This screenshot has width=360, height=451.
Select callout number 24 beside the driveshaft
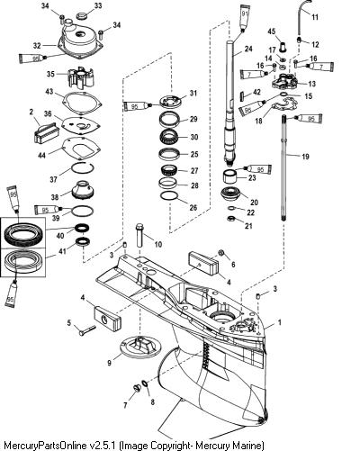click(248, 49)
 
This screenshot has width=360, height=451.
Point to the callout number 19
click(305, 157)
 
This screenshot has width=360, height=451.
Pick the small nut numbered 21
click(230, 218)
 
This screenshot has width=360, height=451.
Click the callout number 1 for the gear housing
click(280, 323)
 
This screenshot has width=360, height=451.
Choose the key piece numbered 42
click(244, 96)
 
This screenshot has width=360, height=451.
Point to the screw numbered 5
click(87, 330)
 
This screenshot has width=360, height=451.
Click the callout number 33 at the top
click(98, 5)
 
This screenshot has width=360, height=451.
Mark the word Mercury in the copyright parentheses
click(232, 445)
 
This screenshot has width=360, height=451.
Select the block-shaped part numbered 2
click(45, 133)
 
